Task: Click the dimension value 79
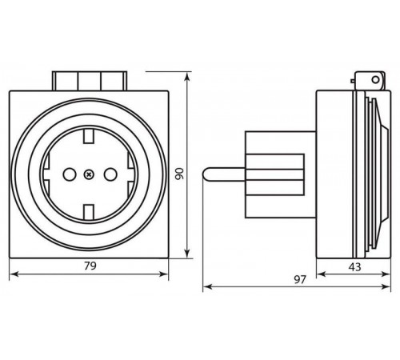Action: click(90, 266)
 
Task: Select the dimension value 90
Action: click(179, 174)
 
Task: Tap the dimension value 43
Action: click(354, 266)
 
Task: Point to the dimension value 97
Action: click(300, 279)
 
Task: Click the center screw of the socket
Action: click(89, 174)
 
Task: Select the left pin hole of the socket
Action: click(70, 174)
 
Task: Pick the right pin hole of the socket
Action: click(110, 174)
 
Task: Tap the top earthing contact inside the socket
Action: click(89, 136)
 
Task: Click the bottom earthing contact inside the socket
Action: click(89, 211)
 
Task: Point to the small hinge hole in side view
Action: click(375, 79)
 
